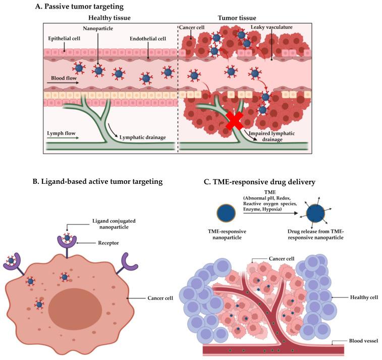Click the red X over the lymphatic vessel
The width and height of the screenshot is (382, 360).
tap(233, 121)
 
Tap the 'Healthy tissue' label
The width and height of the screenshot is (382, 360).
tap(110, 17)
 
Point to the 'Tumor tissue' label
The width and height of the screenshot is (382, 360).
tap(237, 17)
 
